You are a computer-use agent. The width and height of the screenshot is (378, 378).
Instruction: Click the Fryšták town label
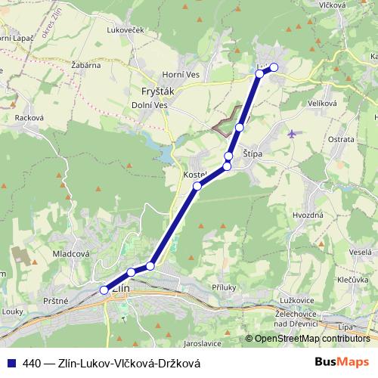148,92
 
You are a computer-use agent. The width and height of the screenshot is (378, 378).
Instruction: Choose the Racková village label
31,118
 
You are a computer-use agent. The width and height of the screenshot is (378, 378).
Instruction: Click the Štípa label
253,153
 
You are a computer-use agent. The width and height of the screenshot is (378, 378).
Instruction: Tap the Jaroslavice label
201,342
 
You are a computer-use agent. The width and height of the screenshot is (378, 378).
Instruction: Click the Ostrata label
341,140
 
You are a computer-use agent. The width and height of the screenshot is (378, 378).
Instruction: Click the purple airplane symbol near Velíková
293,134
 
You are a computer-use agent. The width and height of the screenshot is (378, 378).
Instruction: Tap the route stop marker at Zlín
104,290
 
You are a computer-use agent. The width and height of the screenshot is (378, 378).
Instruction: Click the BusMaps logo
341,362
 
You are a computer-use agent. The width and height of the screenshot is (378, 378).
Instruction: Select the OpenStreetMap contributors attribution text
311,339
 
